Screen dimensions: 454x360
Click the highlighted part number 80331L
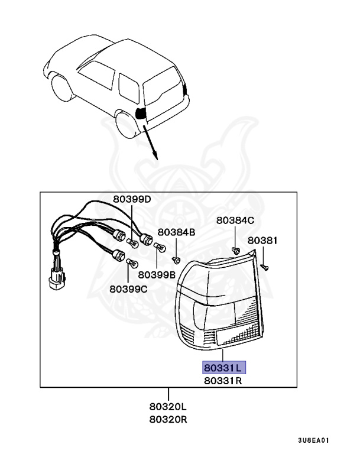pyautogui.click(x=223, y=368)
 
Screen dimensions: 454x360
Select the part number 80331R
pyautogui.click(x=223, y=381)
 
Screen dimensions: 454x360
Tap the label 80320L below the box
pyautogui.click(x=168, y=407)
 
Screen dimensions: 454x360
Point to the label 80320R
pyautogui.click(x=168, y=420)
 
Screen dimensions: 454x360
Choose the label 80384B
pyautogui.click(x=176, y=232)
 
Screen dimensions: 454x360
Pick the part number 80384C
pyautogui.click(x=235, y=220)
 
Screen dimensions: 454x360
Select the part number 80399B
pyautogui.click(x=157, y=275)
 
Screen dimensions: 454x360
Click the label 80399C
pyautogui.click(x=128, y=289)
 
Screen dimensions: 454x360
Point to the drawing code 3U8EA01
pyautogui.click(x=313, y=440)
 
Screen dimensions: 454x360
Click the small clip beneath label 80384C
pyautogui.click(x=235, y=249)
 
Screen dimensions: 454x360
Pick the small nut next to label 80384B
pyautogui.click(x=176, y=259)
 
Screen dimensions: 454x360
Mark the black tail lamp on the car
pyautogui.click(x=141, y=113)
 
